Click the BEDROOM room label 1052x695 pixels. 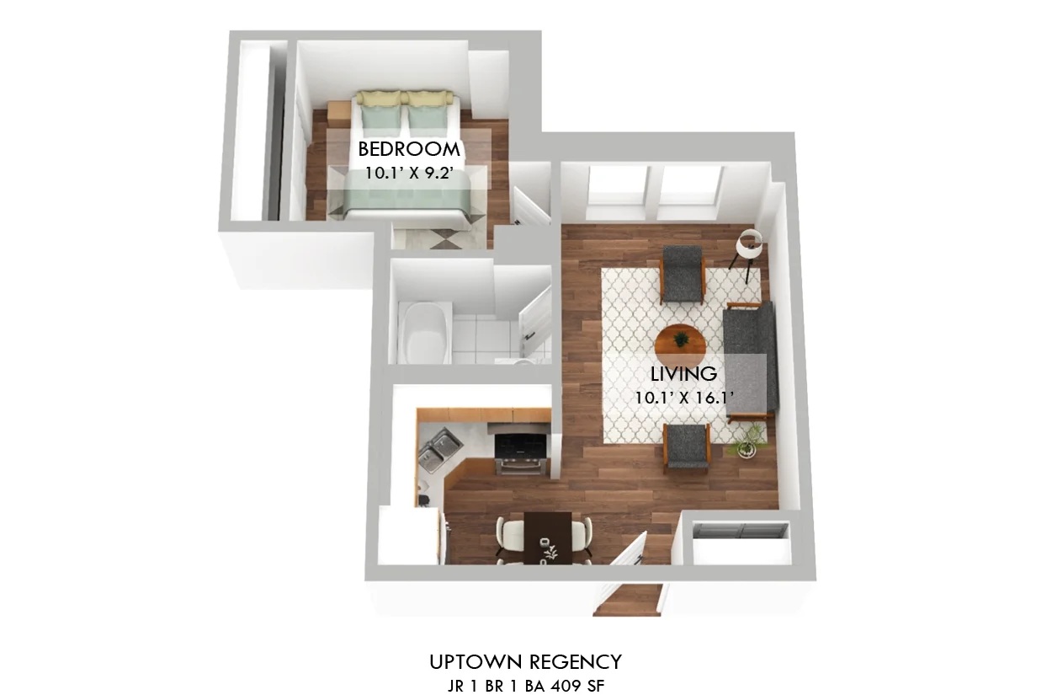(408, 149)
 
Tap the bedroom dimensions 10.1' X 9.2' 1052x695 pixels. (408, 173)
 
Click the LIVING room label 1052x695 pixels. (683, 374)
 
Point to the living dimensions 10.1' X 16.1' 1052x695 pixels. (684, 398)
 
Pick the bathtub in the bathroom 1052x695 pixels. (424, 333)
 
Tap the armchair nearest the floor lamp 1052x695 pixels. (683, 275)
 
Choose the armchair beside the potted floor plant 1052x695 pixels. (686, 447)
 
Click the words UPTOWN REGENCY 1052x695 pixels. (525, 662)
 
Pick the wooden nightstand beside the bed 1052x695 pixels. (339, 114)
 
